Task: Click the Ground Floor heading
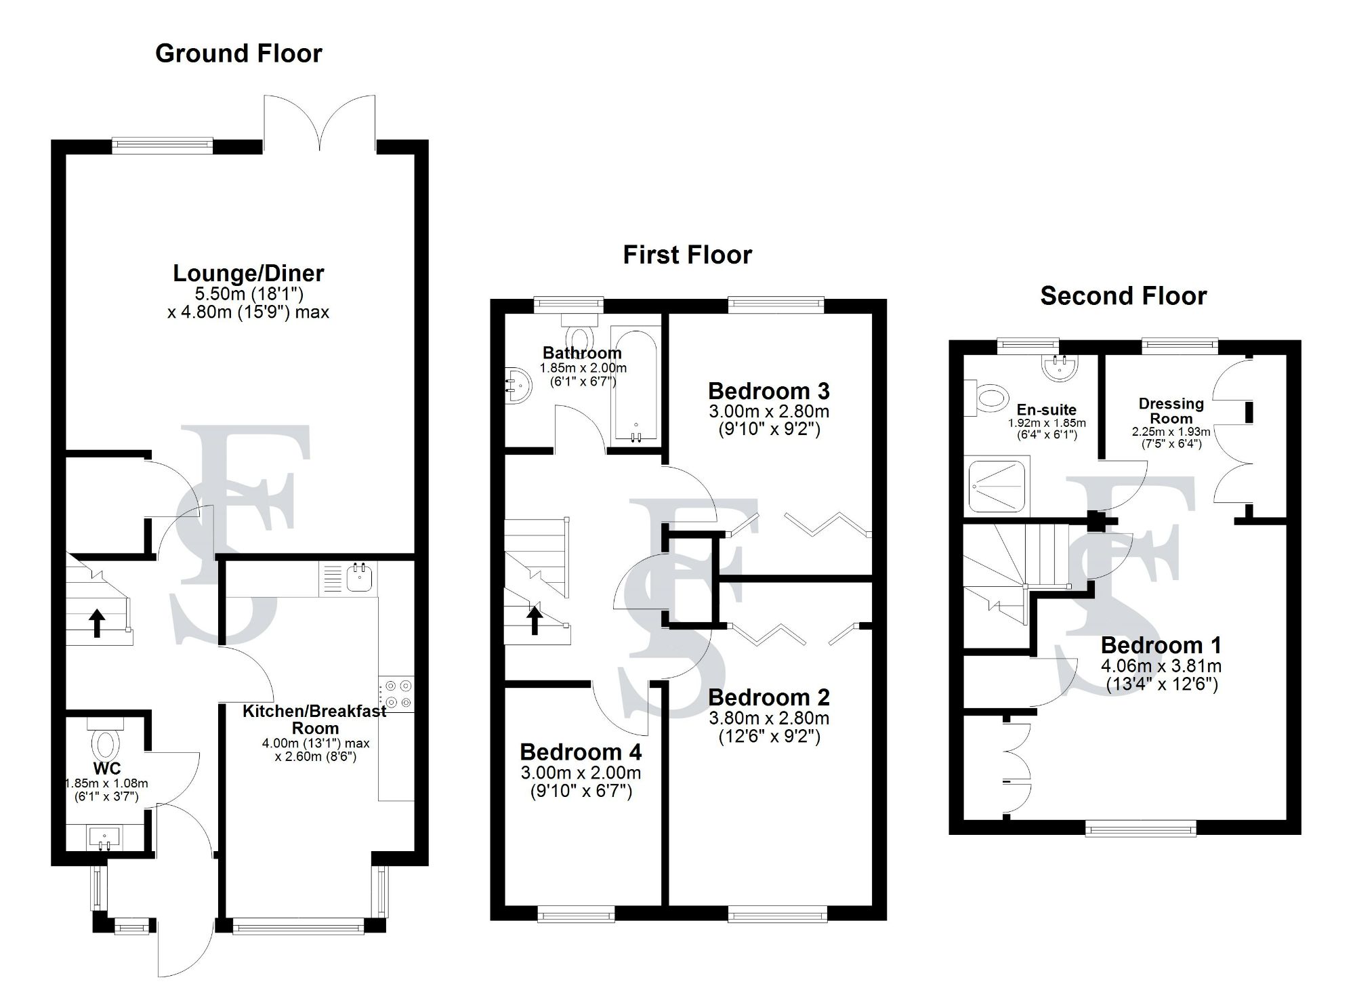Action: coord(238,54)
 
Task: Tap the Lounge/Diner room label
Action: coord(249,273)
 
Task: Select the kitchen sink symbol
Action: coord(358,578)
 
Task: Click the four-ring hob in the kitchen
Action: coord(397,694)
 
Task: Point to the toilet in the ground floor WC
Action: coord(105,743)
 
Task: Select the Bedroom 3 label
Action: coord(768,391)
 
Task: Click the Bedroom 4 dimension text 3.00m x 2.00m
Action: coord(581,773)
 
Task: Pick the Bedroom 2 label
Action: coord(768,697)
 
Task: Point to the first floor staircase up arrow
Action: coord(535,619)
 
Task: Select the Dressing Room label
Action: coord(1171,411)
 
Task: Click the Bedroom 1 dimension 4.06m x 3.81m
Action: coord(1161,665)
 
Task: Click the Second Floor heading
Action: coord(1123,296)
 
